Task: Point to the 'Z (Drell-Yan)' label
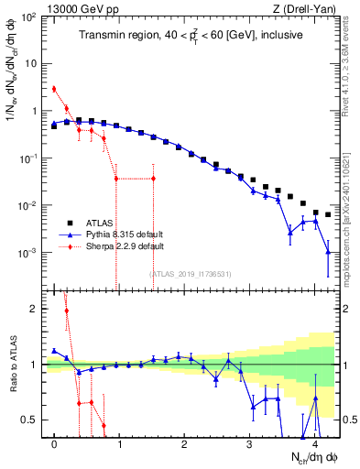click(309, 7)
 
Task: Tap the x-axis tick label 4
click(315, 445)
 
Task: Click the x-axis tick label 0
click(55, 445)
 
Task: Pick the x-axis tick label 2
click(185, 445)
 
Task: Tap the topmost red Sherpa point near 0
click(54, 89)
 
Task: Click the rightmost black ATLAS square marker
click(328, 214)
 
